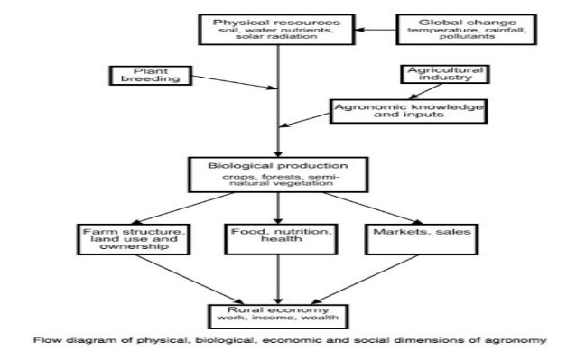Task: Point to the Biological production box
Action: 276,173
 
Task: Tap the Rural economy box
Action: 276,315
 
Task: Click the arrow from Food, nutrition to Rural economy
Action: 277,284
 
